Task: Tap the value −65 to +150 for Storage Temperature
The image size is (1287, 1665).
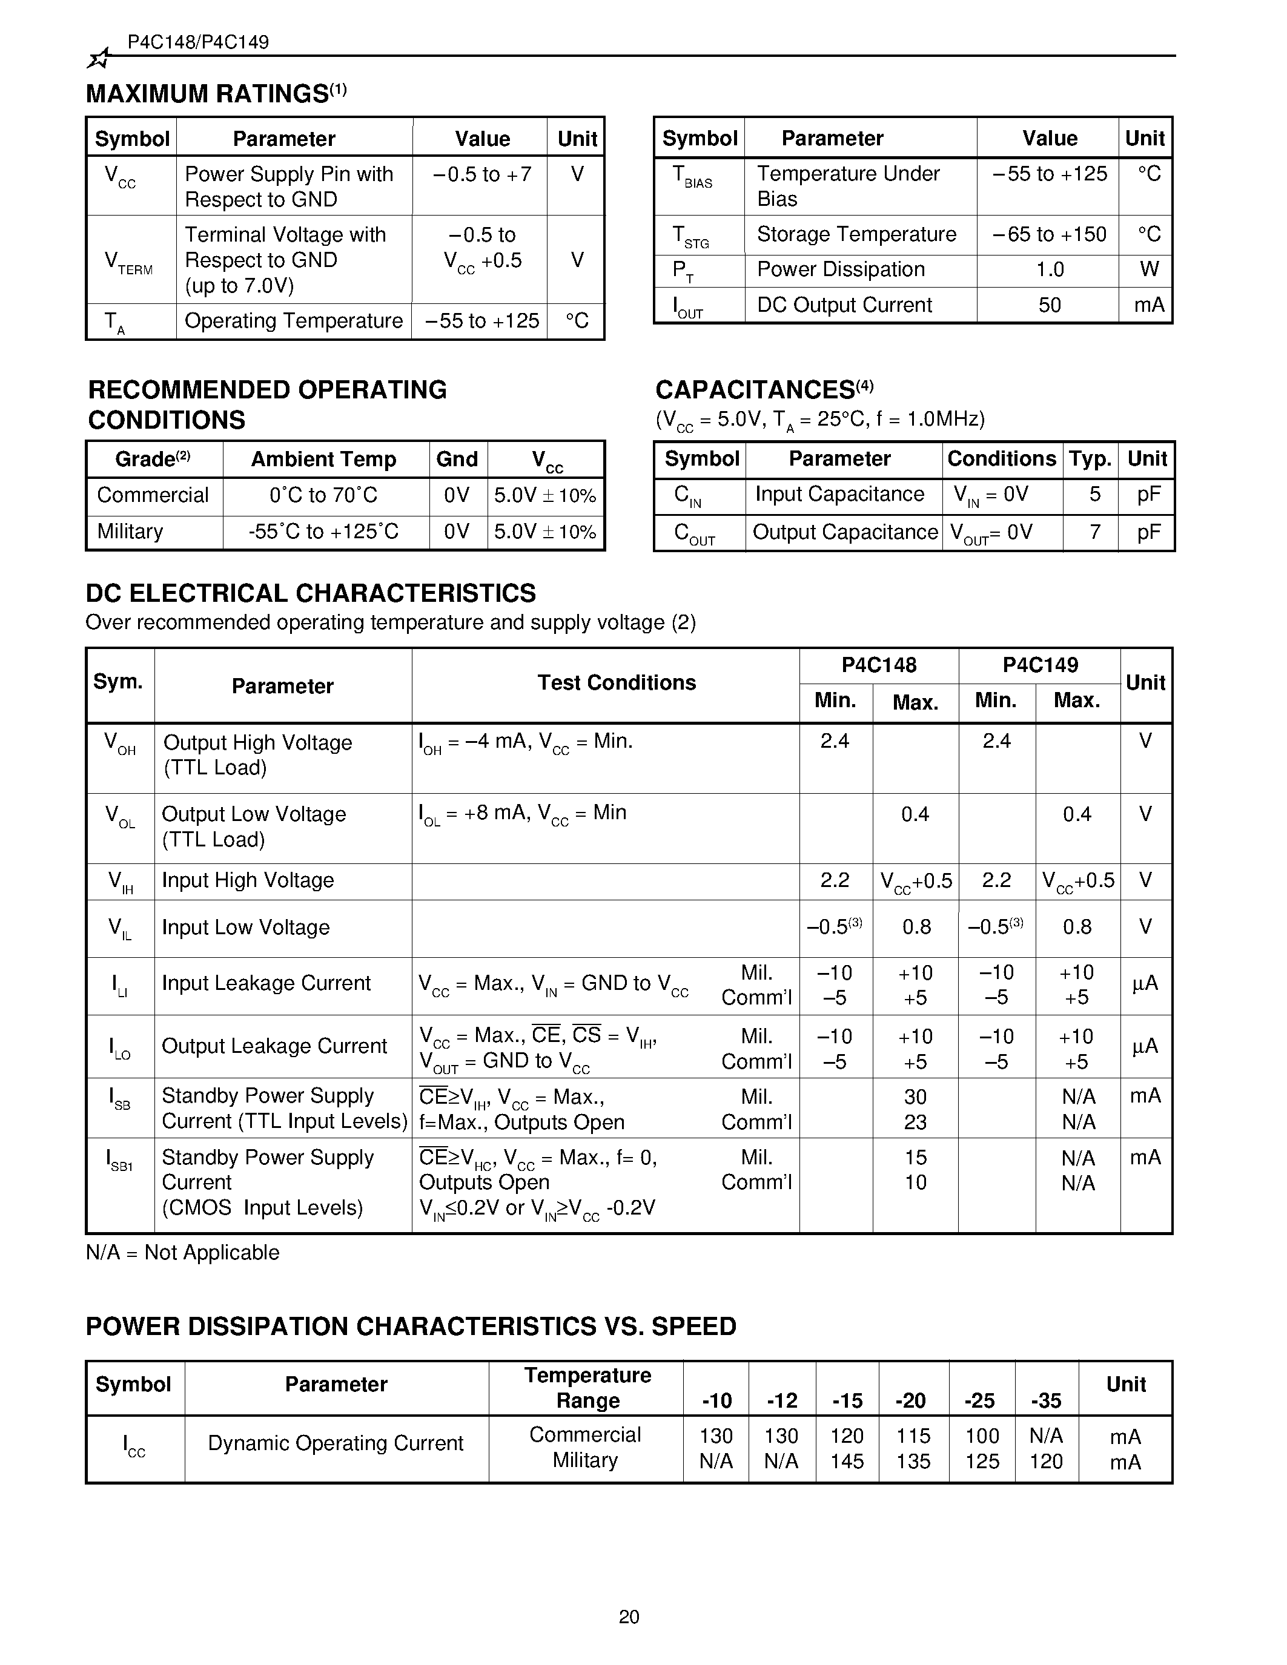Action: (1049, 234)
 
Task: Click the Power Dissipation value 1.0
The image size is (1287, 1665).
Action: (1049, 269)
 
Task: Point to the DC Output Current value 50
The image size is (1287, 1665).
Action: (1049, 305)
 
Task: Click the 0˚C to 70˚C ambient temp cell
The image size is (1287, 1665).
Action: (323, 495)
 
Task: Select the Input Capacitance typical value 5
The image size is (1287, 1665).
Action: (1094, 494)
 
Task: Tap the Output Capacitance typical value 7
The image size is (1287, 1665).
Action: (1094, 532)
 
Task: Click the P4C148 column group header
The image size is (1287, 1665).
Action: (878, 665)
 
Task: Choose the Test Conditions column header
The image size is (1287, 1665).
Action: (616, 682)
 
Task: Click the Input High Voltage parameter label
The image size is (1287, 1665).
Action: (248, 880)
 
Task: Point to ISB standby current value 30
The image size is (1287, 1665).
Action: (915, 1096)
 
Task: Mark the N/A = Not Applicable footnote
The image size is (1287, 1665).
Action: (182, 1253)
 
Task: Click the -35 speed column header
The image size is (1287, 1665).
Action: (1045, 1400)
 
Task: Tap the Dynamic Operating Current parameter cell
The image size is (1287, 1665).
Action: (336, 1443)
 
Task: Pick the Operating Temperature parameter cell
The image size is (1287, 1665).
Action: (294, 320)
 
